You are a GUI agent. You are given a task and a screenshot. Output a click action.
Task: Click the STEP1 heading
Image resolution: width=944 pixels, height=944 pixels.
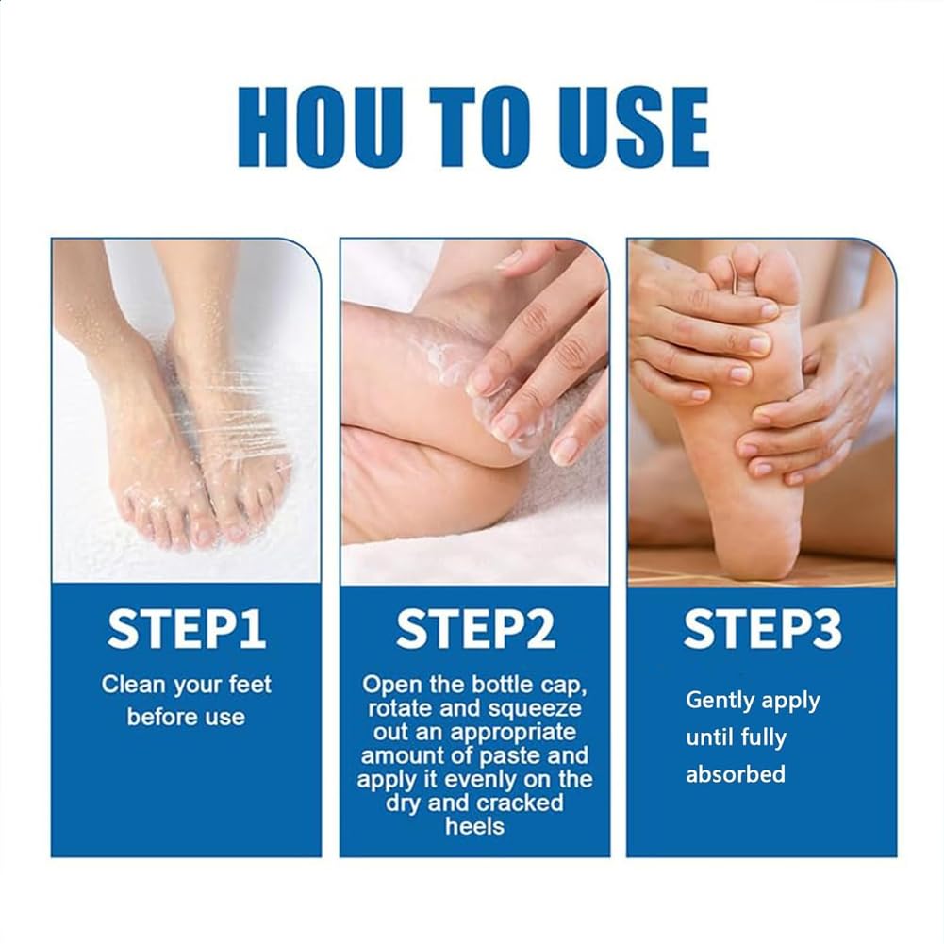point(186,630)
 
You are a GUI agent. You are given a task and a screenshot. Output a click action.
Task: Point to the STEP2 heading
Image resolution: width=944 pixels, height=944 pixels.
point(474,630)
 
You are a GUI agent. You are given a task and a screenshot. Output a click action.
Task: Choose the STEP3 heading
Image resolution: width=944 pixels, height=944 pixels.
point(762,630)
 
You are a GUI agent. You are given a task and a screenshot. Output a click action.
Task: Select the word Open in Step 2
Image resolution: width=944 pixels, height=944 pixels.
point(389,684)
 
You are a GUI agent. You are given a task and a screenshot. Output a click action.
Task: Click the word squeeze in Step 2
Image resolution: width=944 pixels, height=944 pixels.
point(539,707)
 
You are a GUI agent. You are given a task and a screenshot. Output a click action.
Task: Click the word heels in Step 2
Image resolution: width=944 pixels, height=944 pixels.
point(474,826)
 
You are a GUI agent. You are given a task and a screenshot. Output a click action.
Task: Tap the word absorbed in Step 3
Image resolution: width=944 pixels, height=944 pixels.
point(735,774)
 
